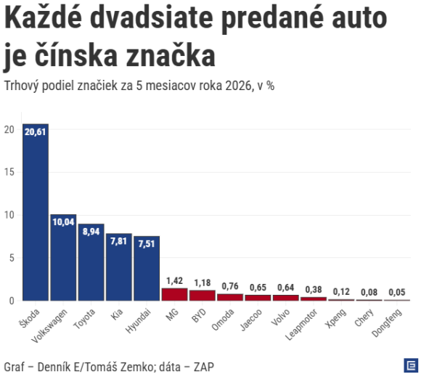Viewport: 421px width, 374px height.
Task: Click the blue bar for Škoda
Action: point(36,212)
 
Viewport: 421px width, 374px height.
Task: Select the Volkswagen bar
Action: point(63,257)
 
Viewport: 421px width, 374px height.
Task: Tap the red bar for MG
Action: point(174,294)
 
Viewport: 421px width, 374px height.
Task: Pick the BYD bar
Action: point(203,296)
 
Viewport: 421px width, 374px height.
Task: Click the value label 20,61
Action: point(35,132)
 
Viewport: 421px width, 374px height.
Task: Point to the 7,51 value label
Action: point(147,244)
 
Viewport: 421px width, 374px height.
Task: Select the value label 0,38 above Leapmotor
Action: point(314,290)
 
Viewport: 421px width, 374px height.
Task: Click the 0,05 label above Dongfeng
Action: point(397,293)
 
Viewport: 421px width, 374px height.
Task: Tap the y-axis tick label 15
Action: point(9,172)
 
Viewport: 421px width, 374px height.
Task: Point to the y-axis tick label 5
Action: point(12,258)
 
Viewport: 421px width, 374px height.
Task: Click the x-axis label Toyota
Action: point(84,319)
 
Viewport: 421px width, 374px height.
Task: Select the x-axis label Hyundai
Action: point(138,321)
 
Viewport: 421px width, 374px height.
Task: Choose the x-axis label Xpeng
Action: point(335,318)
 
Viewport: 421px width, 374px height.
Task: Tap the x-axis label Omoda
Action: point(223,320)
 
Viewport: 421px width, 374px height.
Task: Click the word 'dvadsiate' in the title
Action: point(152,17)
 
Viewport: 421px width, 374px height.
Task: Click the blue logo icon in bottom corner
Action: point(411,365)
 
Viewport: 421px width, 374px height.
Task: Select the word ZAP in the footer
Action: point(204,367)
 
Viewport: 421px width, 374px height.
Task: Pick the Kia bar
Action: point(119,267)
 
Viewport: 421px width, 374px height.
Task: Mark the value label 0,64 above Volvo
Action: point(286,288)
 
